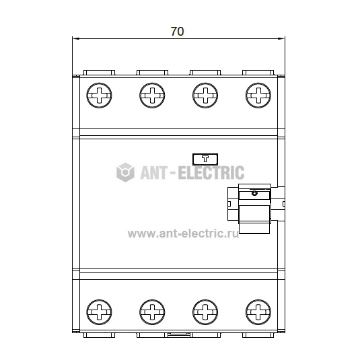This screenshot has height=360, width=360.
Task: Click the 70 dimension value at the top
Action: (177, 31)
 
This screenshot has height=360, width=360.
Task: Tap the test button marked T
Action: (205, 159)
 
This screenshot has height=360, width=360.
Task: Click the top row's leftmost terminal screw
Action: (99, 96)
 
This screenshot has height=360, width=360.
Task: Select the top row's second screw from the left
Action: (152, 96)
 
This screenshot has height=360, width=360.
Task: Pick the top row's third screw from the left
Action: (205, 96)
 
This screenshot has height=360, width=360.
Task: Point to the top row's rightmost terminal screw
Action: (258, 96)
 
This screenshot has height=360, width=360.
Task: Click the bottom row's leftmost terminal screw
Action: (99, 312)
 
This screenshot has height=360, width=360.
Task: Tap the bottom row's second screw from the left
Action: (152, 312)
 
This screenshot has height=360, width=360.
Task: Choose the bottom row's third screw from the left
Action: (205, 312)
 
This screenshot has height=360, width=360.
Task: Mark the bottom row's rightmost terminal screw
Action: (258, 312)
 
